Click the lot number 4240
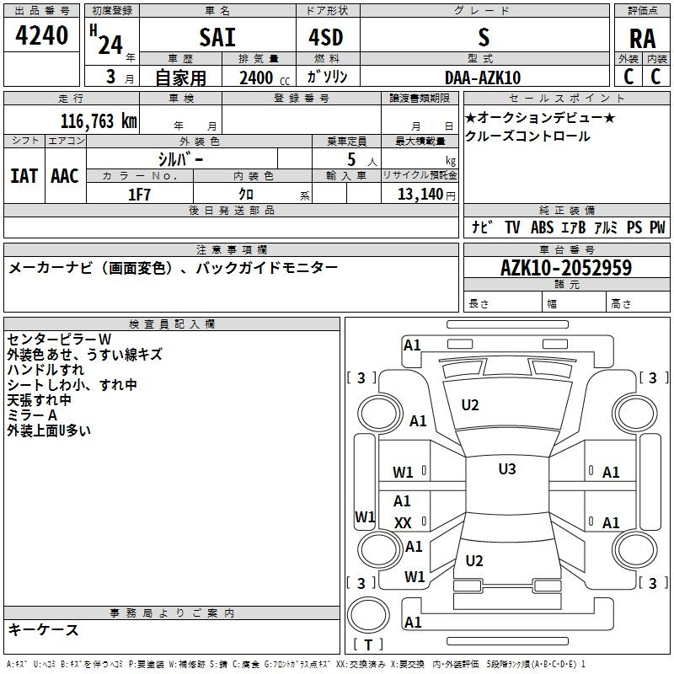pos(42,35)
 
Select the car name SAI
pos(217,37)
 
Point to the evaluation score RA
pos(643,39)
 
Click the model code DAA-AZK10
pos(483,78)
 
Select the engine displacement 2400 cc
pos(256,78)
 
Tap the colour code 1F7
pos(139,194)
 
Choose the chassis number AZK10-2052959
pos(566,268)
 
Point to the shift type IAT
pos(24,176)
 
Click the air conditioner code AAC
pos(65,176)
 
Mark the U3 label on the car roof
pos(506,468)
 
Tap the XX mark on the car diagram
pos(403,523)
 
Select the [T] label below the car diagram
pos(368,645)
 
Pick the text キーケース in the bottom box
pos(43,629)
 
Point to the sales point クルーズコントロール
pos(527,136)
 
